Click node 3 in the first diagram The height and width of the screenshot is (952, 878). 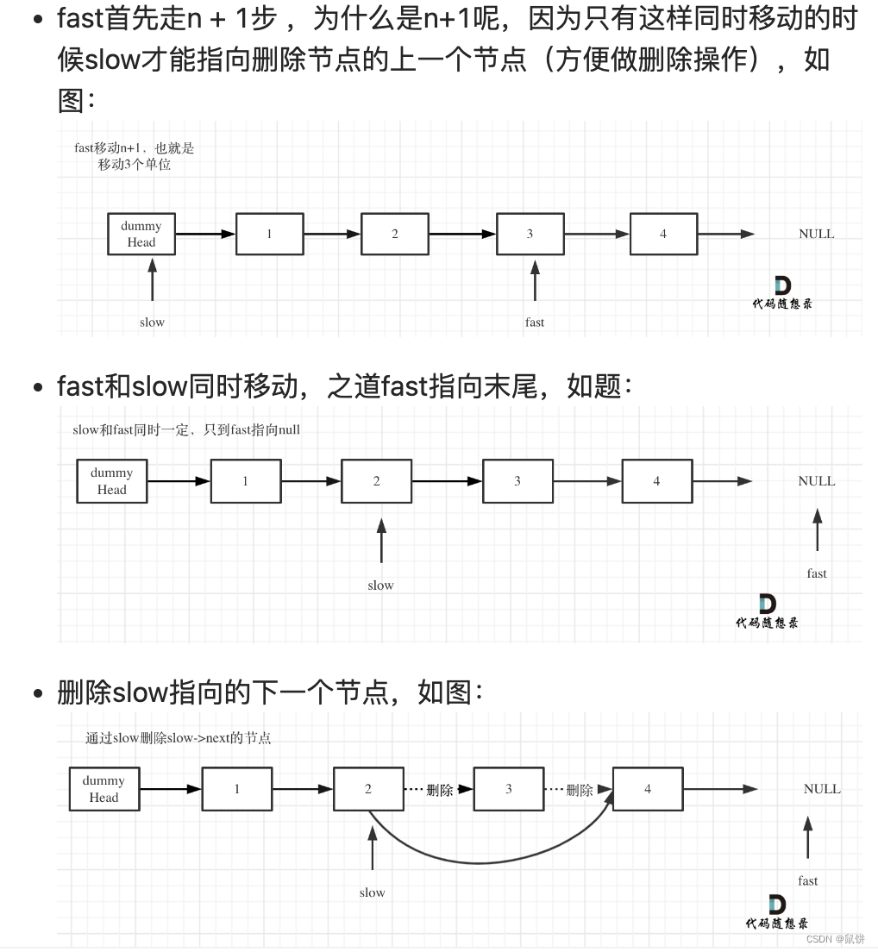pos(530,234)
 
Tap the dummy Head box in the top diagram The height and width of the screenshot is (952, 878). pos(141,234)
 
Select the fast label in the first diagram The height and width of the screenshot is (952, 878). pos(535,323)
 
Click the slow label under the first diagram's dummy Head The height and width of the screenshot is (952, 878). pos(152,323)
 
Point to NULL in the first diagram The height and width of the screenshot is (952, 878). pos(816,234)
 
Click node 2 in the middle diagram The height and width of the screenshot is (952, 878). pos(376,481)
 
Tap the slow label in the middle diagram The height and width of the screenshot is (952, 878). pos(380,586)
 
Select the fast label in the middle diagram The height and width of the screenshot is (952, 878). pos(817,573)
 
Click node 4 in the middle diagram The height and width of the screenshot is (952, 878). pos(656,481)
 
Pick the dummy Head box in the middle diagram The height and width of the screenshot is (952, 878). pos(111,481)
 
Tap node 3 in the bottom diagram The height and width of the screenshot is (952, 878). pos(509,789)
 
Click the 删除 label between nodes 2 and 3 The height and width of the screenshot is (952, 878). pos(440,790)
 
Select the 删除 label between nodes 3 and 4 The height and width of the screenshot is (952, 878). pos(580,790)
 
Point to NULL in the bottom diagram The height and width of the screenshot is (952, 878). pos(821,789)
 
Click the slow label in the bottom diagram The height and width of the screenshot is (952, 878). pos(372,893)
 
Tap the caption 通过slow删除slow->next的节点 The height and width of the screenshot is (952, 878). pos(178,738)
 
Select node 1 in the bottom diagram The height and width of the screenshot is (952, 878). pos(237,789)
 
